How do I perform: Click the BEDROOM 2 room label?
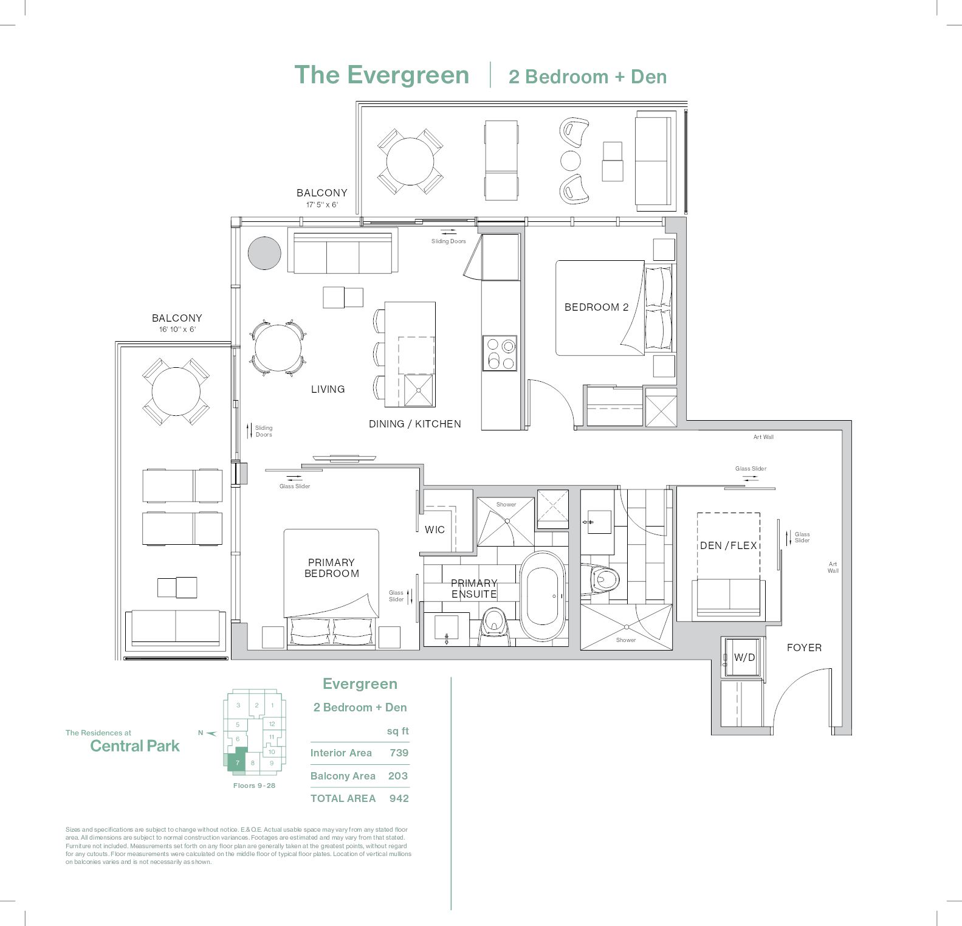[596, 307]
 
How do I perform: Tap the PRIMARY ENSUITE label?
[473, 589]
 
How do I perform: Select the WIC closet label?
[435, 530]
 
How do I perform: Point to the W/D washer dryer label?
[744, 657]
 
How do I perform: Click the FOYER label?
[803, 648]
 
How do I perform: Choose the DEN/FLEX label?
[728, 545]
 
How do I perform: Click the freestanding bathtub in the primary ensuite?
[542, 596]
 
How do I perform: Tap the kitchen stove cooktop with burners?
[500, 353]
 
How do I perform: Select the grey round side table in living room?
[264, 252]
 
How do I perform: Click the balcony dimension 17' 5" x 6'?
[321, 205]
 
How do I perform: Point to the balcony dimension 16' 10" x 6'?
[177, 330]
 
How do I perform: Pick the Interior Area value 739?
[399, 753]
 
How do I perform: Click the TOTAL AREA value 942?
[399, 798]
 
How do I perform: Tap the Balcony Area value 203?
[399, 776]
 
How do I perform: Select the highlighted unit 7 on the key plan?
[237, 762]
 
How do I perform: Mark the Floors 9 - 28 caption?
[254, 786]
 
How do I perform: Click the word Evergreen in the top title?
[408, 75]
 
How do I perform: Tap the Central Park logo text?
[135, 746]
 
